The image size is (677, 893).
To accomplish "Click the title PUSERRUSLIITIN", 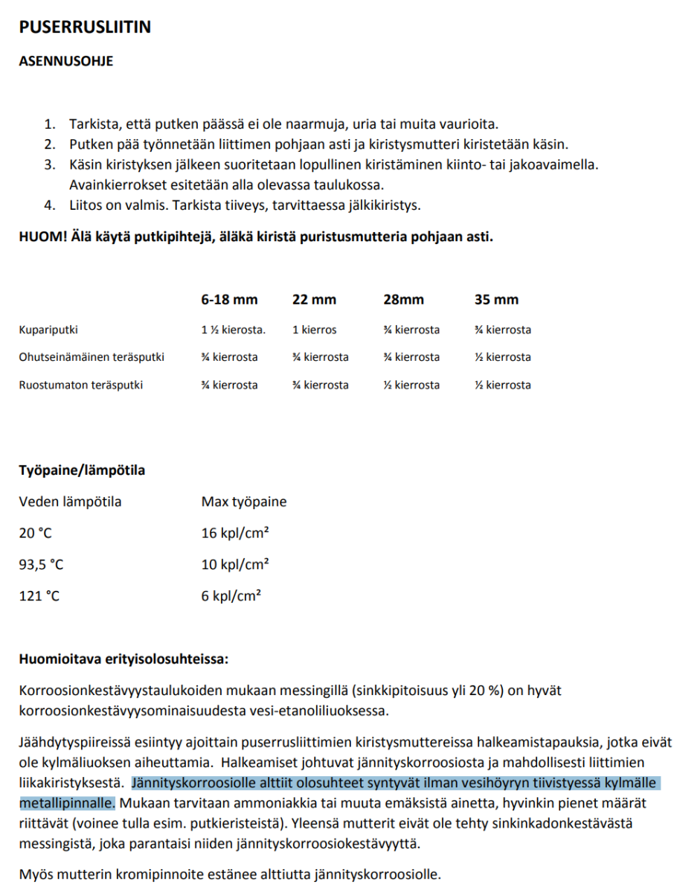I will point(85,28).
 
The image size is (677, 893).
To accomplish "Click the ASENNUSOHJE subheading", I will point(65,62).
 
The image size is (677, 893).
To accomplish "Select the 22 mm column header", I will point(314,300).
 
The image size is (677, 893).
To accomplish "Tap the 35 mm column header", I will point(496,300).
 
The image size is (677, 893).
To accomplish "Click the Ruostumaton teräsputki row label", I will point(81,385).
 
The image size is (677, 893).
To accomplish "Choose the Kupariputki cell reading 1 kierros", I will point(314,330).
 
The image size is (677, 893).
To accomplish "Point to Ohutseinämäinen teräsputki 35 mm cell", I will point(503,357).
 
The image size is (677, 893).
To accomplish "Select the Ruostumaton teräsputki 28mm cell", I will point(411,385).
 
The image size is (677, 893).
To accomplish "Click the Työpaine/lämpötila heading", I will point(82,470).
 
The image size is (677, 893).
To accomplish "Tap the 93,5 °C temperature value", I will point(41,565).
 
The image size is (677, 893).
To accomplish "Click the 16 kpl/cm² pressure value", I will point(235,533).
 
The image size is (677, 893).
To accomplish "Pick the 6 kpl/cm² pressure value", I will point(231,596).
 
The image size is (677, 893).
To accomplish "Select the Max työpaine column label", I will point(244,502).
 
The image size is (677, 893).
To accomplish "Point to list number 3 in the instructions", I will point(50,164).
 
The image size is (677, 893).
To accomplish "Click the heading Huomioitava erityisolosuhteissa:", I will point(123,659).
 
